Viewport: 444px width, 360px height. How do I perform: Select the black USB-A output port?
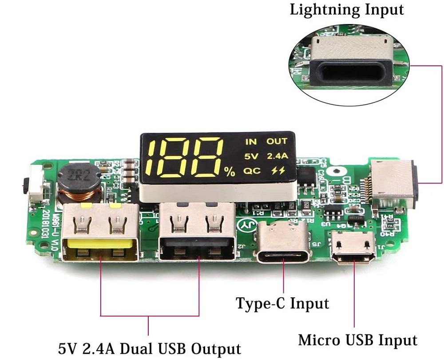(x=197, y=234)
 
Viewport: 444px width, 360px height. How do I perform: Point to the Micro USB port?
(x=354, y=248)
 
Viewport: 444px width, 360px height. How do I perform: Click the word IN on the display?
(x=251, y=142)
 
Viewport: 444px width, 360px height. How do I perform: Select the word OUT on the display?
(x=277, y=142)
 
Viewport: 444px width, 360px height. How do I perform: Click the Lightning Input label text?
(x=347, y=10)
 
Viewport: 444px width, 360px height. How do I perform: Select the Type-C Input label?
(x=282, y=304)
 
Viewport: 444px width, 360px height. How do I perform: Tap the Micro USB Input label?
(x=357, y=340)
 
